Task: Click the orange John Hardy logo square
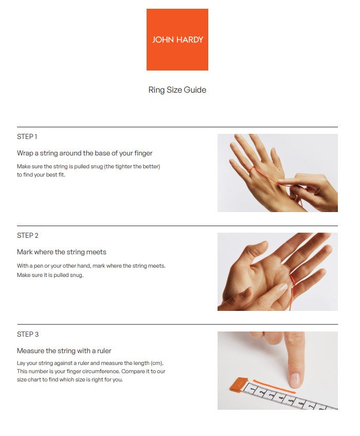coord(177,40)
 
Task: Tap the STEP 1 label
coord(27,136)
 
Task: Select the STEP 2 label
coord(27,236)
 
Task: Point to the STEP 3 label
coord(27,334)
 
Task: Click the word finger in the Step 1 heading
coord(143,153)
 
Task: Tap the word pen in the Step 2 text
coord(39,266)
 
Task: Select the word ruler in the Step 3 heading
coord(104,351)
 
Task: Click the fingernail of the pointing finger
coord(295,379)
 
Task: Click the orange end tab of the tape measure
coord(238,385)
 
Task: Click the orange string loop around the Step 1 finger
coord(251,170)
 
